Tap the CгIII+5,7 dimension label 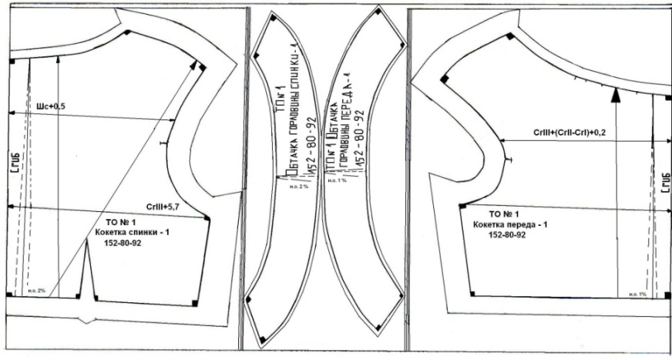[163, 207]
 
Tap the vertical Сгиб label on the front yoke [665, 188]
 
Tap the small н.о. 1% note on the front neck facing [337, 182]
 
